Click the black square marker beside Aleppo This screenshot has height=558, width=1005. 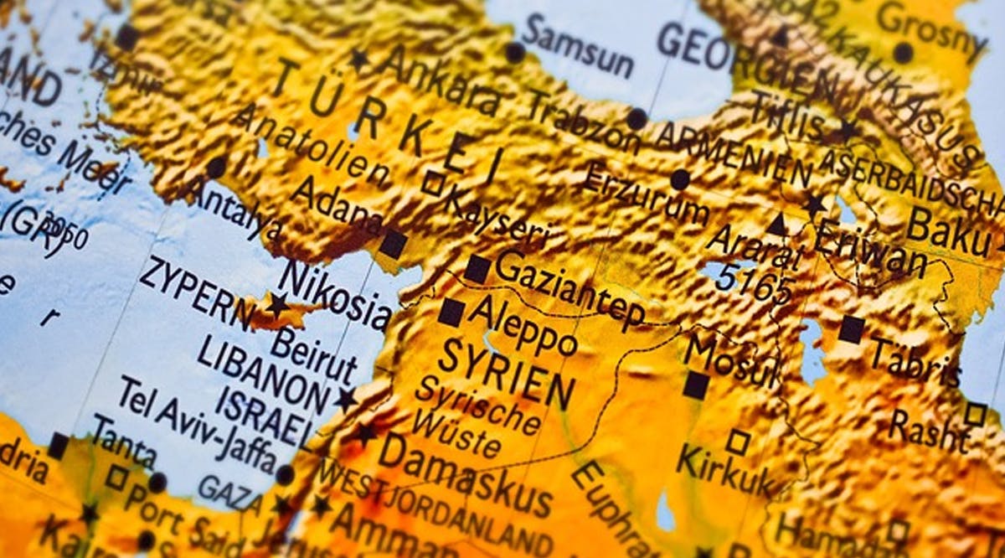click(x=451, y=313)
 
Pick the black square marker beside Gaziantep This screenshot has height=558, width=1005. click(x=477, y=269)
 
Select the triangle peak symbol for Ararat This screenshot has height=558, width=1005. click(x=776, y=225)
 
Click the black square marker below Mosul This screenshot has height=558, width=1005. click(x=696, y=385)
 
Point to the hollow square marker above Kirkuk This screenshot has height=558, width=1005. click(x=737, y=442)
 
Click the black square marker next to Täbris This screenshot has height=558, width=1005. click(x=852, y=329)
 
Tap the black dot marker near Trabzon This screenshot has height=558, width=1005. click(x=637, y=118)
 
